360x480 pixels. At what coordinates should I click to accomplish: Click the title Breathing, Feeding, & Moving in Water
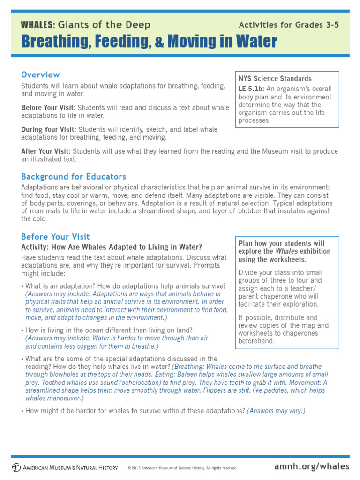(x=149, y=42)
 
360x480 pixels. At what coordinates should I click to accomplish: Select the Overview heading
(x=40, y=75)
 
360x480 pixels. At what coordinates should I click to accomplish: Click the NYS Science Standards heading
(x=275, y=78)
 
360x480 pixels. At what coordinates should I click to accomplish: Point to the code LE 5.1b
(x=252, y=89)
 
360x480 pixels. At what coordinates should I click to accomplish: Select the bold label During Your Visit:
(x=49, y=129)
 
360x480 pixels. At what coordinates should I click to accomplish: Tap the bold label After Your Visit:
(x=45, y=151)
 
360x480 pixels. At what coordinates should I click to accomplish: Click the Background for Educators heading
(x=74, y=176)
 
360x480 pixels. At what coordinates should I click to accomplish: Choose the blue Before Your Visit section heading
(x=55, y=237)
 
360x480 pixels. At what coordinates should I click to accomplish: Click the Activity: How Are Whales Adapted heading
(x=112, y=247)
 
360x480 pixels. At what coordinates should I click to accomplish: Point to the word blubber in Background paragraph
(x=253, y=211)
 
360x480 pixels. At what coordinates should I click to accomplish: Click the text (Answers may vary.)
(x=276, y=411)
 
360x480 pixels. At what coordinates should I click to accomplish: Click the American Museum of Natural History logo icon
(x=16, y=467)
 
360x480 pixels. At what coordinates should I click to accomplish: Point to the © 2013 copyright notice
(x=182, y=468)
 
